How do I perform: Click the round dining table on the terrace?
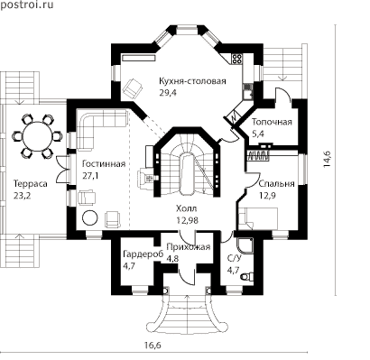click(37, 136)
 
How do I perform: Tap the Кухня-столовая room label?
click(192, 81)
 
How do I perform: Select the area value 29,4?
click(168, 93)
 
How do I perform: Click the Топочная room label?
click(272, 122)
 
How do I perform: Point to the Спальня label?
click(277, 183)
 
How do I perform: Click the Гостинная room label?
click(104, 164)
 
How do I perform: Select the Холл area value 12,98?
click(187, 220)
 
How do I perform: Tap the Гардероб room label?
click(143, 254)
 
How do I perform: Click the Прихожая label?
click(188, 247)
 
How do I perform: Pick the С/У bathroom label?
click(233, 259)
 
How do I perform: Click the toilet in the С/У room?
click(248, 276)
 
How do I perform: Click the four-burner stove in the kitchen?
click(236, 59)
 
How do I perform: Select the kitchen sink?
click(247, 92)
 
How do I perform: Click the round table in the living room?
click(89, 217)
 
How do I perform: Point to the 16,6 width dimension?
click(153, 346)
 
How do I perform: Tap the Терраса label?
click(30, 183)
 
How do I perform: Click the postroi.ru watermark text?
click(27, 5)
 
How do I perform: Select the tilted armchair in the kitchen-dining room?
click(133, 88)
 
